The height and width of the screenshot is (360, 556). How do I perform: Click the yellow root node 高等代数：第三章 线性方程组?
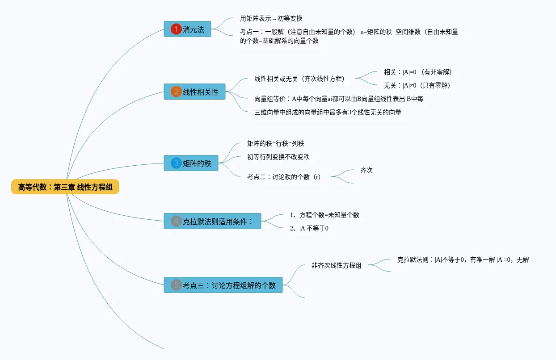click(x=65, y=187)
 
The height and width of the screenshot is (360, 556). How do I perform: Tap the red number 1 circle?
click(x=176, y=29)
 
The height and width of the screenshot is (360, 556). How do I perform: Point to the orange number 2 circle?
click(x=176, y=92)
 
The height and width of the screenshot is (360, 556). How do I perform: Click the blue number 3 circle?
click(x=176, y=163)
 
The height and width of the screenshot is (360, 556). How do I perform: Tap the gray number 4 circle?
click(x=176, y=221)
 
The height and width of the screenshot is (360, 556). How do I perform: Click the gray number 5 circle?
click(x=176, y=285)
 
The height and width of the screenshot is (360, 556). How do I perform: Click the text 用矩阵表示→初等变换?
click(x=271, y=18)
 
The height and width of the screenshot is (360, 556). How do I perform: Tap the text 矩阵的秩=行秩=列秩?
click(x=276, y=143)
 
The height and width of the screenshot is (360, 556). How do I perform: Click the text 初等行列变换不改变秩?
click(x=278, y=157)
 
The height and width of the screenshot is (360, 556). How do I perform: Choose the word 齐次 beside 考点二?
click(x=366, y=170)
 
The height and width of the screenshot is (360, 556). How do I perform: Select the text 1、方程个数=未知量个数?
click(x=324, y=215)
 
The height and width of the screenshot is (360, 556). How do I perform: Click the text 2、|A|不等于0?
click(x=309, y=228)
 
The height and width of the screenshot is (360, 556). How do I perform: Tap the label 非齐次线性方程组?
click(x=337, y=265)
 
